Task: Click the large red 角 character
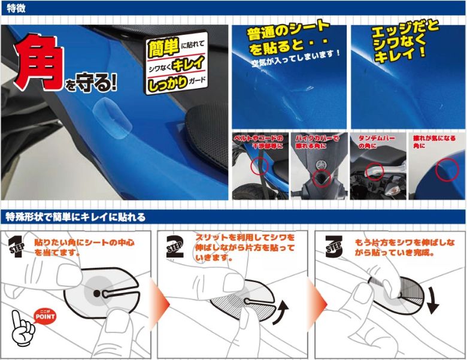38,62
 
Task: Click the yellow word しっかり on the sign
168,83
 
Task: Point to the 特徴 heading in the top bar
16,8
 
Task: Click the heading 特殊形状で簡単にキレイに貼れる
76,217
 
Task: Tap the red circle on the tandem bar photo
375,172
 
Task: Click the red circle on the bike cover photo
322,179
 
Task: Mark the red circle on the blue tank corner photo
447,170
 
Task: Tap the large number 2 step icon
175,246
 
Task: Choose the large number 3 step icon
333,246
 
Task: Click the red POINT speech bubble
45,316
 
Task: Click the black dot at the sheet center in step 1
97,294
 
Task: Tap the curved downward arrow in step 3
433,300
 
